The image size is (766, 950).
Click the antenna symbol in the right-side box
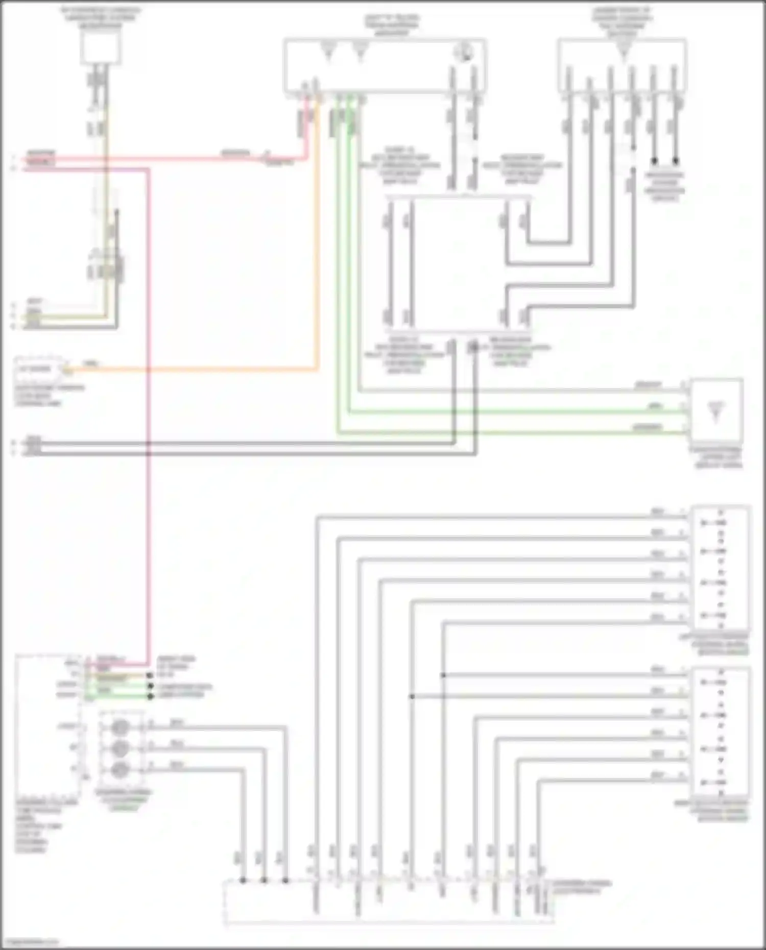coord(716,411)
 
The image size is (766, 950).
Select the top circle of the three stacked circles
coord(120,727)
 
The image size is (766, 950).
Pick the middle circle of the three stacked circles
coord(120,748)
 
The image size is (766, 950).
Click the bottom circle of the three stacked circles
coord(120,769)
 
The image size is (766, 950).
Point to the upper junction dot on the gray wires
coord(443,675)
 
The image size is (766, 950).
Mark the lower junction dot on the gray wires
coord(412,696)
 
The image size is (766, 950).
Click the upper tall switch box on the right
coord(720,568)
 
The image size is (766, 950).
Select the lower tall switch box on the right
coord(720,731)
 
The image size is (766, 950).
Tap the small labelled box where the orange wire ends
coord(38,369)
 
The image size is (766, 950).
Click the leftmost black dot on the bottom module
coord(243,880)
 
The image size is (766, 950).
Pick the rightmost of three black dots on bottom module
coord(285,880)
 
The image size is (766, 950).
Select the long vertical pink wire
coord(149,408)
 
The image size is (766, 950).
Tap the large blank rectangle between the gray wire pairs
coord(460,263)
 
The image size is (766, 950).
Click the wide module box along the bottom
coord(388,903)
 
